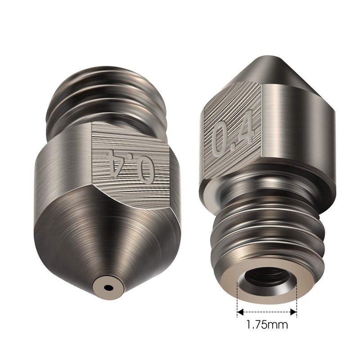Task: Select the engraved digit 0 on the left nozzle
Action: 146,169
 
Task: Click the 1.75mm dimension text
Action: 267,324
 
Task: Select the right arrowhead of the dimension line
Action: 294,310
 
